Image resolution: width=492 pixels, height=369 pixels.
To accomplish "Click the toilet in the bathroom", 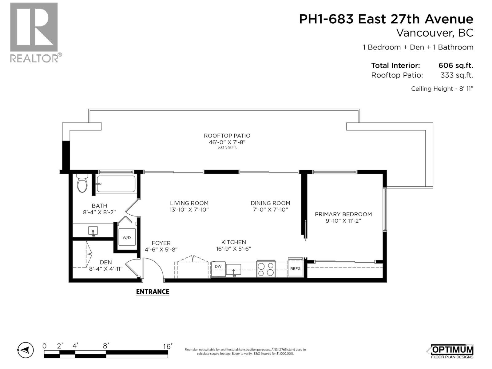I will (82, 184).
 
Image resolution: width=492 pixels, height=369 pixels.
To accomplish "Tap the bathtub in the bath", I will (116, 184).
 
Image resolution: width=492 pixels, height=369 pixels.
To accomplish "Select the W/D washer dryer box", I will (127, 237).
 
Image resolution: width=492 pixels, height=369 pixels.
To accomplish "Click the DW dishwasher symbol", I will (218, 267).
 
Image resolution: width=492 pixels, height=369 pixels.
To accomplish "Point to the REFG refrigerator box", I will (295, 268).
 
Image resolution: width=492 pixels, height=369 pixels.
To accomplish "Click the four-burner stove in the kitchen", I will (266, 269).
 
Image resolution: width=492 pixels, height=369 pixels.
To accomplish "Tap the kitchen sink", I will (234, 270).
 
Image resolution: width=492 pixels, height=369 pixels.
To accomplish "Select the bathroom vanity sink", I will (93, 231).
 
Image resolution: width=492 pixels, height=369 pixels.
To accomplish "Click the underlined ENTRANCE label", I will (153, 292).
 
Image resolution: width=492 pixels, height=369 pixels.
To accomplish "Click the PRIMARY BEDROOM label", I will (343, 214).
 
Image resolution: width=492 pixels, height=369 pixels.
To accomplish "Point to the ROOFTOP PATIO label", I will (227, 136).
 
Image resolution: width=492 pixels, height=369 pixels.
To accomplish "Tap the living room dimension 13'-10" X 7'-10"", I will (189, 210).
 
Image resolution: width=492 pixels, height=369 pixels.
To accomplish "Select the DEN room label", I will (106, 262).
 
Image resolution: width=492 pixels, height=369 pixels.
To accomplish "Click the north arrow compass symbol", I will (25, 350).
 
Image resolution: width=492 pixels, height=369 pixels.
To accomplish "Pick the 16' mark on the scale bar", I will (168, 347).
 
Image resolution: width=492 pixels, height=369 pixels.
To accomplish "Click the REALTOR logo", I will (34, 32).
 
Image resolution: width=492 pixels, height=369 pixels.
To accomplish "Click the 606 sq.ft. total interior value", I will (455, 65).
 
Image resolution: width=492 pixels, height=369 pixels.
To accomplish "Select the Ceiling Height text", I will (442, 89).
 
